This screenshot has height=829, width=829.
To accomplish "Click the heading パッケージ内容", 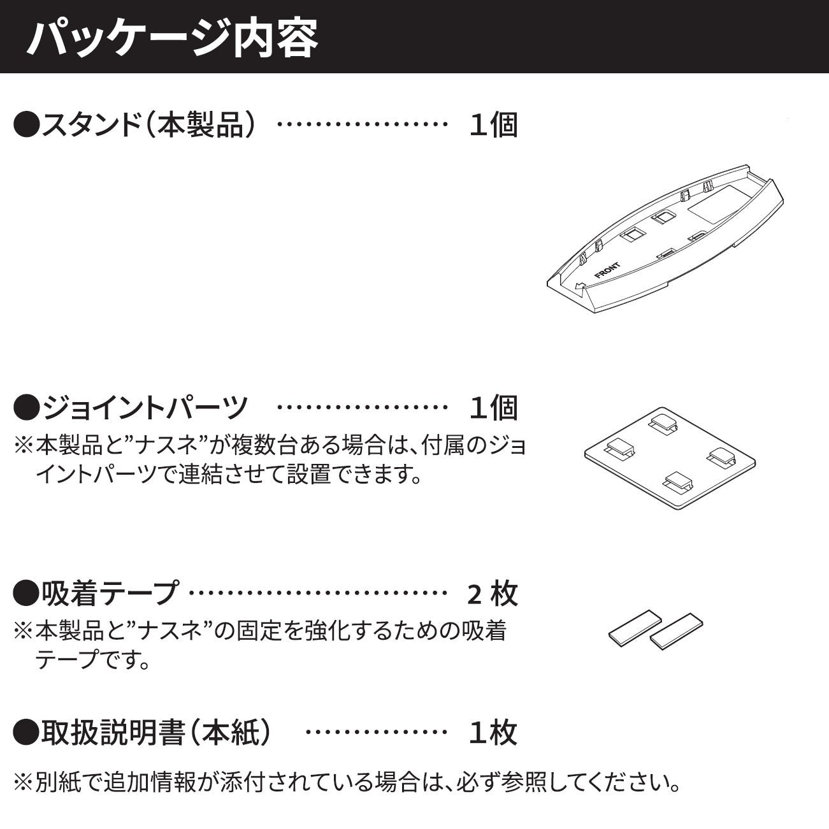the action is point(173,38).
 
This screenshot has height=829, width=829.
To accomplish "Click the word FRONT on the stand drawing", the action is point(607,270).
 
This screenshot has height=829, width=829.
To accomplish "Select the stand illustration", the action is point(665,238).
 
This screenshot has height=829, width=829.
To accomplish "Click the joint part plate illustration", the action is point(670,458).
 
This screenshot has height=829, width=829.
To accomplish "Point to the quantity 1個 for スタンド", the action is point(493,125).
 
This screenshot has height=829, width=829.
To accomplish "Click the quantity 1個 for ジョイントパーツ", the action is point(493,407).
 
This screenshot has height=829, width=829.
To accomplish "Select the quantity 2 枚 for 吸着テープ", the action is point(492,594).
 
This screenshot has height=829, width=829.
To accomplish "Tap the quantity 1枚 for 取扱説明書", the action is point(493,732).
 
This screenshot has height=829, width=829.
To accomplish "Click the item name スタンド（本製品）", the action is point(148,125).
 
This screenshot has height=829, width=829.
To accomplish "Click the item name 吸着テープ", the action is point(110,593).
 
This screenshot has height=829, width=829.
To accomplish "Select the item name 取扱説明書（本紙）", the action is point(155,732).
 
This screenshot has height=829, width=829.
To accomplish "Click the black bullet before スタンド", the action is point(27,125).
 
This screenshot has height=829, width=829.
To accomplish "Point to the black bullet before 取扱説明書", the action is point(27,732).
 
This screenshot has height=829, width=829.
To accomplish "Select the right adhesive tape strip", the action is point(676,631).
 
